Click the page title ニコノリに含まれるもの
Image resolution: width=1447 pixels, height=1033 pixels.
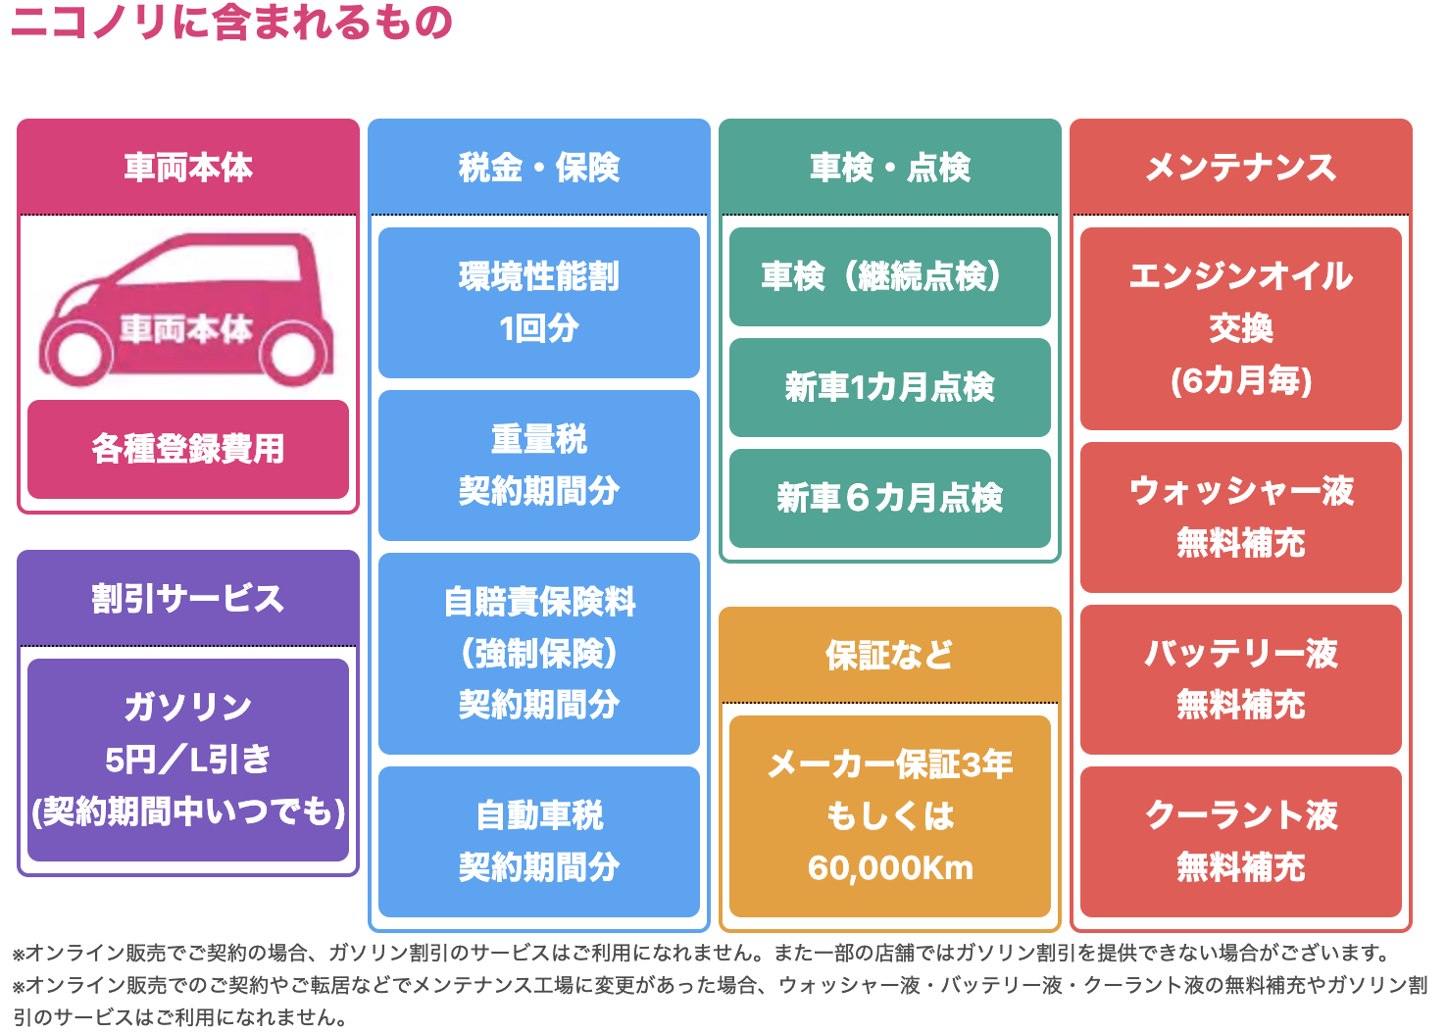231,22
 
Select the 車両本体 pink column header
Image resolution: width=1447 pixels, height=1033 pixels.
188,168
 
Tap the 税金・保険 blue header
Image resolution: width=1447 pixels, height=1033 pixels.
539,168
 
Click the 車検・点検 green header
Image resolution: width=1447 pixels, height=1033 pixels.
890,168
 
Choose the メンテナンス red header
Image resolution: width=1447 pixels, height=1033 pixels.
1241,168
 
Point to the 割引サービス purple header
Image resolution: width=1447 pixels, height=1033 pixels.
188,598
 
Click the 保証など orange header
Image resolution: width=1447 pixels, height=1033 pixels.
890,655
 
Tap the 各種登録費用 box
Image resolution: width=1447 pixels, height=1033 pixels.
188,449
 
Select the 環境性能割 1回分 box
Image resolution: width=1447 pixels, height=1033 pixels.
539,302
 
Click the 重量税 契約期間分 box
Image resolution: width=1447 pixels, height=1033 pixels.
539,465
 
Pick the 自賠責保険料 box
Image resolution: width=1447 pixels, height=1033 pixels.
539,653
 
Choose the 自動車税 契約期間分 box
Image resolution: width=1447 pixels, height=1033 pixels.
539,841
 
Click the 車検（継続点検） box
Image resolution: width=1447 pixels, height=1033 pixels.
890,276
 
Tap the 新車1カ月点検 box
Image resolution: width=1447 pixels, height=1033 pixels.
890,387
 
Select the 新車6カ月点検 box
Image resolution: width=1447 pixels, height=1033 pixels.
890,498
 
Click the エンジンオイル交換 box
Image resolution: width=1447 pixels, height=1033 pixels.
1241,328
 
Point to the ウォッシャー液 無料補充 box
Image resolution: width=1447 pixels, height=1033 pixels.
1241,516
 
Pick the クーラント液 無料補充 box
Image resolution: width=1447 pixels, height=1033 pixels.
1241,841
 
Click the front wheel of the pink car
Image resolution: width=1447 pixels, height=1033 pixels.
80,354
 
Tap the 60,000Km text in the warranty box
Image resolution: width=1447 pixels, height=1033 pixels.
890,868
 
